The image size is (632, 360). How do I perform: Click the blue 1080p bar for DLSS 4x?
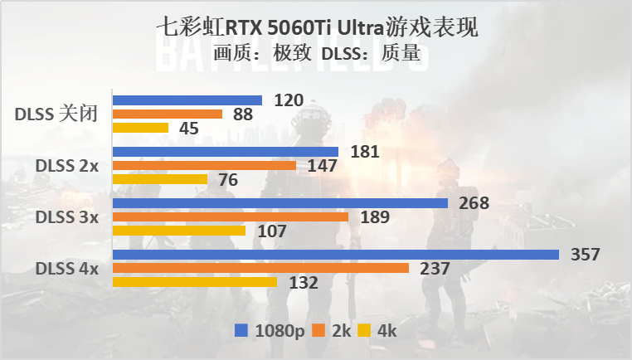point(336,255)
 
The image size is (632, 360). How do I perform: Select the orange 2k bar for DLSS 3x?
point(231,217)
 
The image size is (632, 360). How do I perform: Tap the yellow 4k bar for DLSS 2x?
point(160,179)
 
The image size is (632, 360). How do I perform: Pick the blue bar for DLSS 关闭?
point(187,100)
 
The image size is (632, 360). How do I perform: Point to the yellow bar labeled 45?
point(140,128)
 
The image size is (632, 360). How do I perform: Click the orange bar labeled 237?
point(261,268)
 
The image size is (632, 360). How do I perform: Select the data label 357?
point(586,255)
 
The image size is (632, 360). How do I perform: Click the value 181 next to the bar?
point(365,152)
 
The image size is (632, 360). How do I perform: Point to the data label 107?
point(272,231)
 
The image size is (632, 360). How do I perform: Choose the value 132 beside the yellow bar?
point(304,283)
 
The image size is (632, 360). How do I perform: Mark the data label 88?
point(243,114)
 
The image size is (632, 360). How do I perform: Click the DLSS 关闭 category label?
point(56,114)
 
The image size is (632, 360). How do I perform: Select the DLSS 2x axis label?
point(67,166)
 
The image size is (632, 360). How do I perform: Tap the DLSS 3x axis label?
point(67,217)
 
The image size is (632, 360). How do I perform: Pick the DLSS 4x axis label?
point(67,269)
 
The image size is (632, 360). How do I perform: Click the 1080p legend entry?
point(270,330)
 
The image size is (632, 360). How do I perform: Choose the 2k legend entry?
point(331,330)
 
